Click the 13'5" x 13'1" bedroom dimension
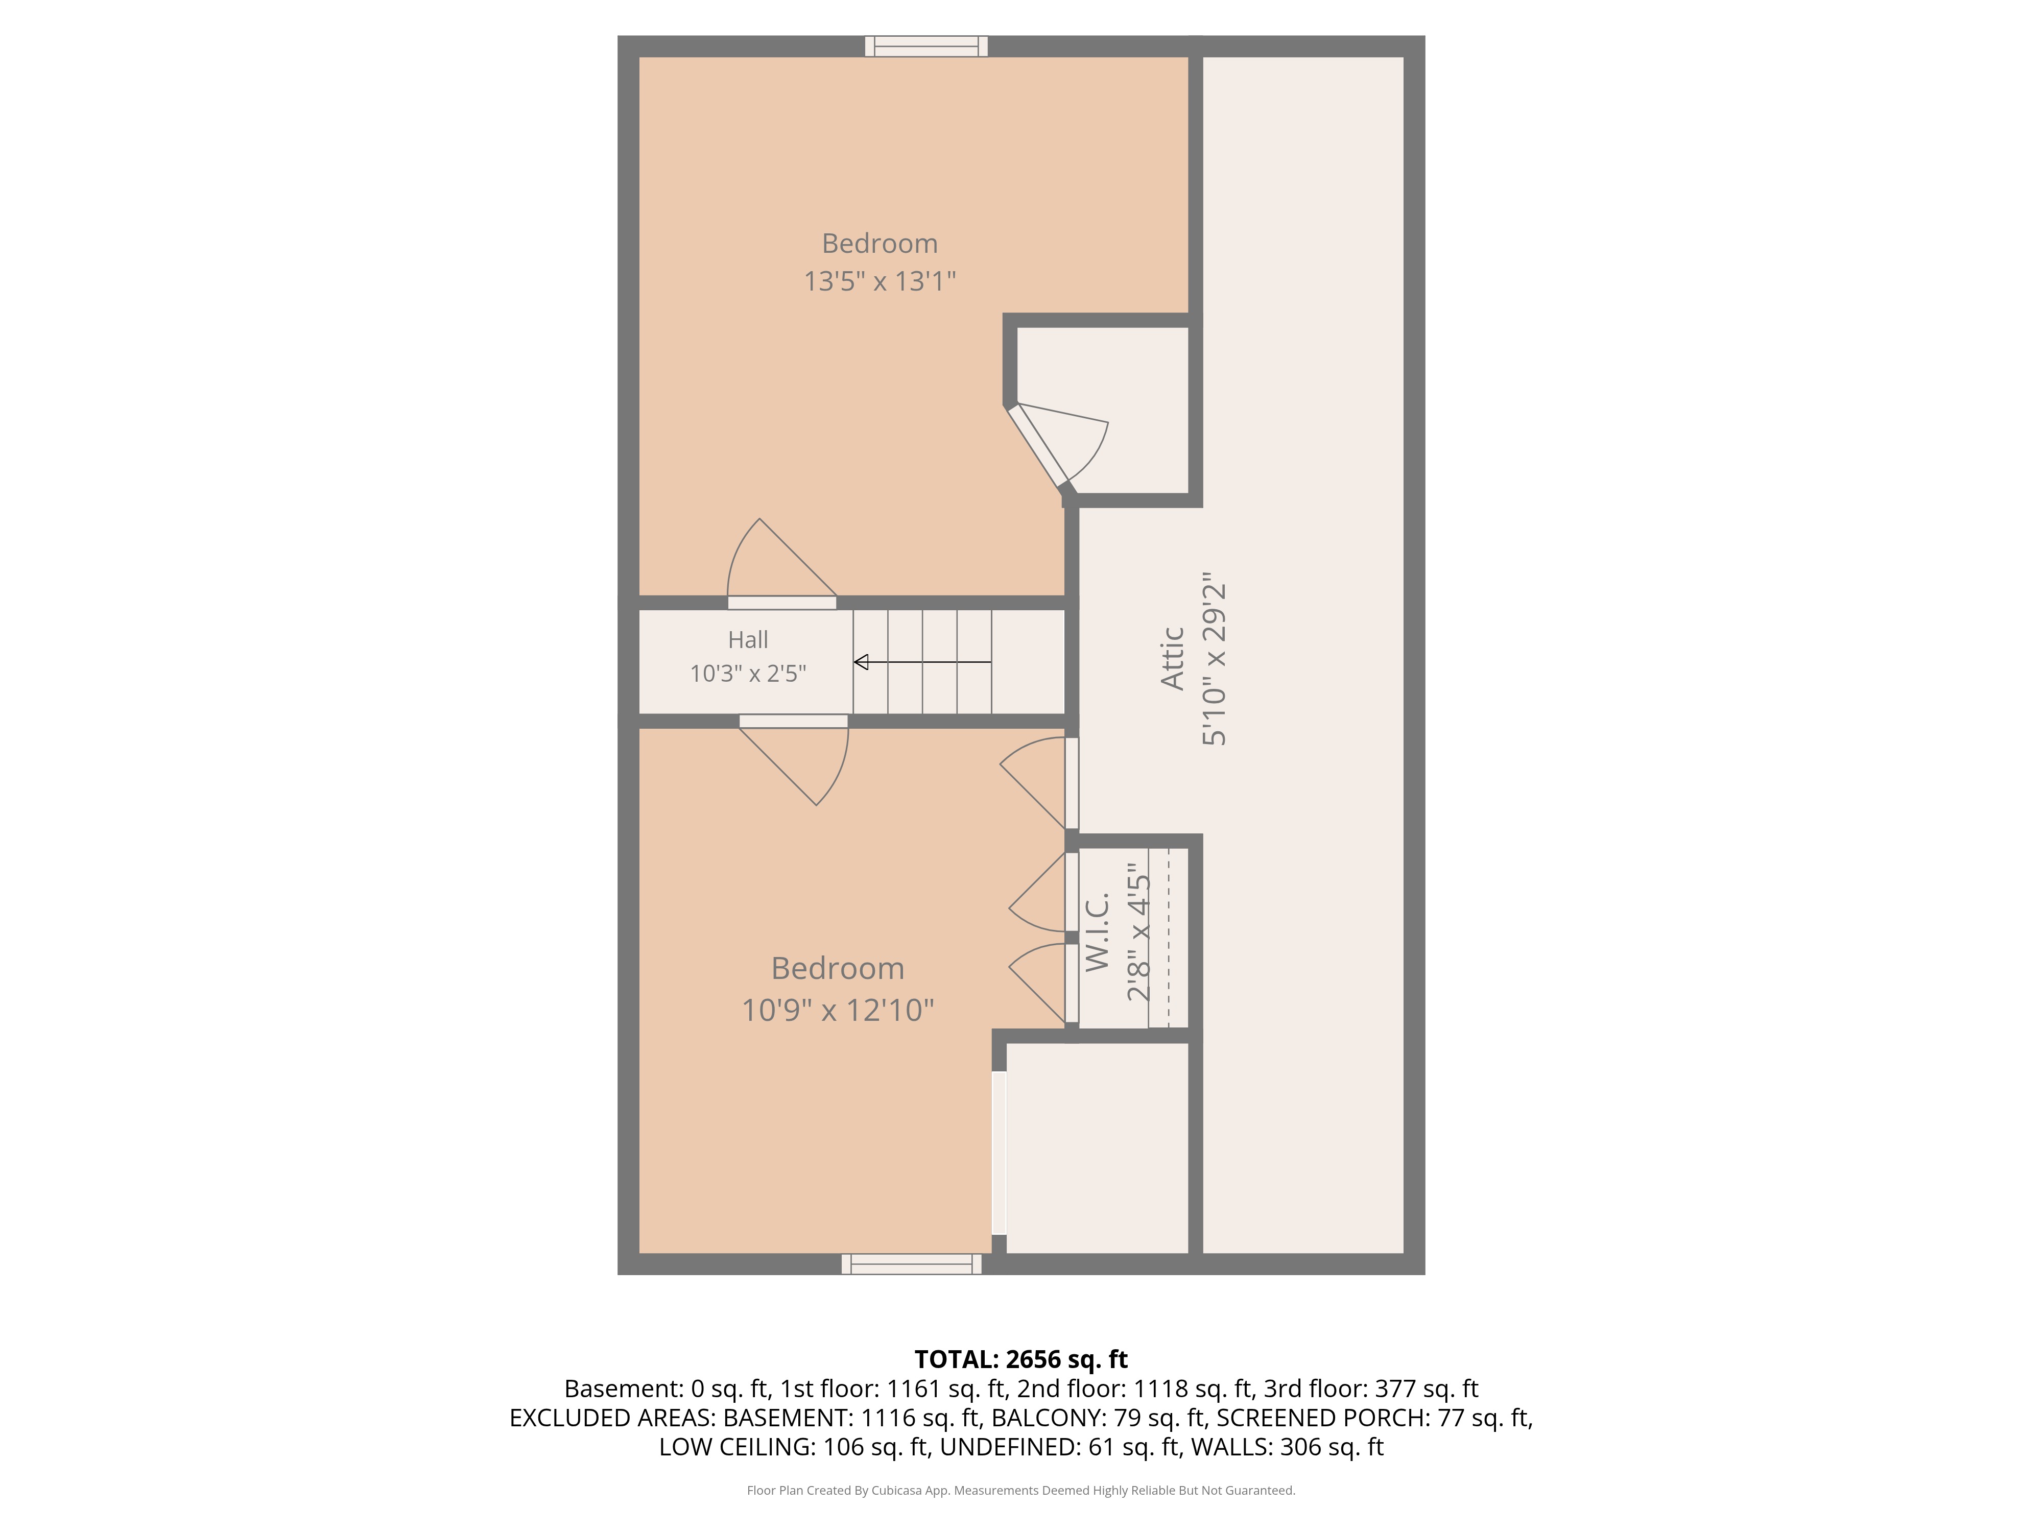pyautogui.click(x=880, y=281)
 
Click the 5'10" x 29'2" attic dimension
pyautogui.click(x=1214, y=658)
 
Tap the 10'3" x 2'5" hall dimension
pyautogui.click(x=748, y=673)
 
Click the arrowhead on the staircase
pyautogui.click(x=861, y=662)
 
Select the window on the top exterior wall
pyautogui.click(x=927, y=46)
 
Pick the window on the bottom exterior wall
pyautogui.click(x=912, y=1264)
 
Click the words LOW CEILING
pyautogui.click(x=736, y=1447)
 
